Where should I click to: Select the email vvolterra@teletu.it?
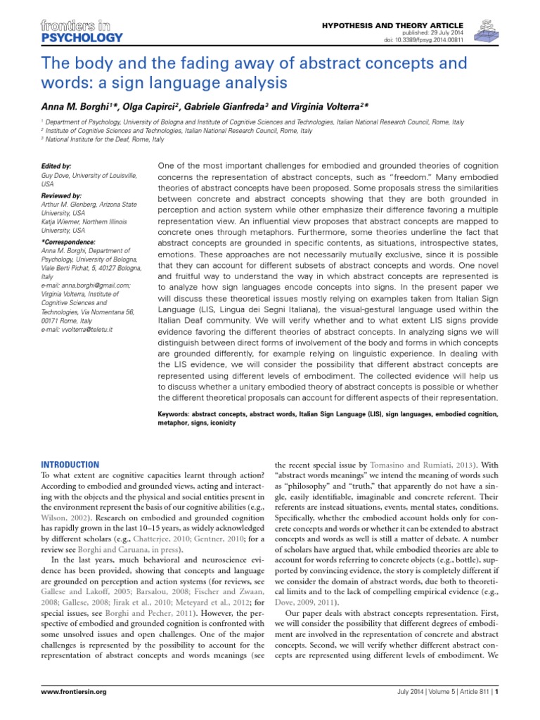(88, 330)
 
